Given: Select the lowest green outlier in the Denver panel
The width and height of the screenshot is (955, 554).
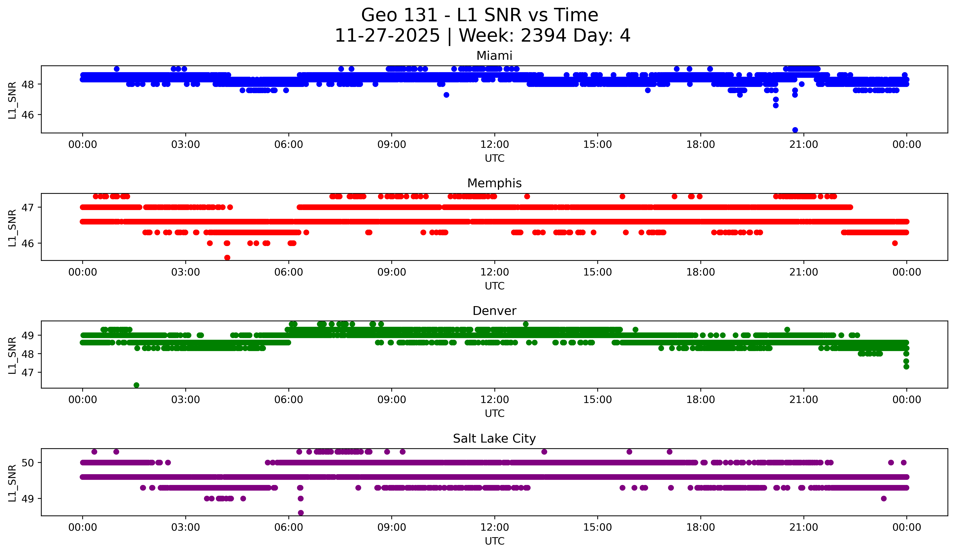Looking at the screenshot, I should (x=136, y=385).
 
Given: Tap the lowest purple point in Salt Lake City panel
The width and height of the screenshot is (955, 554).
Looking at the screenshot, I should (x=300, y=513).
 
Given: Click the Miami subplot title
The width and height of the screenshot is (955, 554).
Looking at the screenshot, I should (x=494, y=56).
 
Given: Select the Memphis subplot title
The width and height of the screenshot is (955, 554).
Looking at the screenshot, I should (x=494, y=183).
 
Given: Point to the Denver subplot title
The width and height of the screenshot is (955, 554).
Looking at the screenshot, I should (x=494, y=311).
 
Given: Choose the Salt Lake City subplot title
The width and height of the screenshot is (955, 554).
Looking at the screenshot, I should (x=494, y=439).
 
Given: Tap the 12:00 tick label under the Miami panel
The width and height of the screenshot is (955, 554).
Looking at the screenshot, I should (x=495, y=145).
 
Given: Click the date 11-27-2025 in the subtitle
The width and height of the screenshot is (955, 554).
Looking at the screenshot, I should (x=387, y=36).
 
